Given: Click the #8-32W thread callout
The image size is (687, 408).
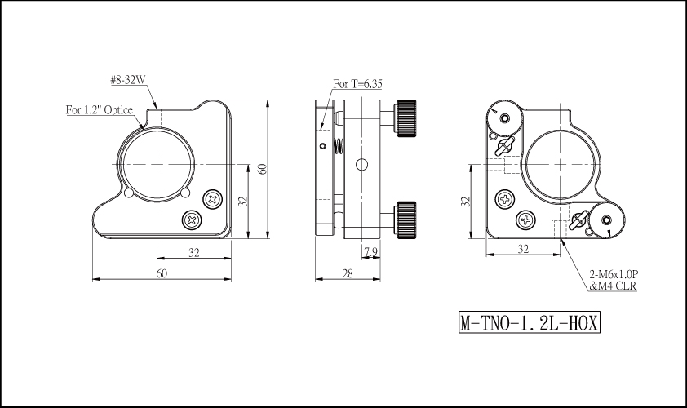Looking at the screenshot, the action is [x=127, y=80].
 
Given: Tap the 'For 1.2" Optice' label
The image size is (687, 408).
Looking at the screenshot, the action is [x=99, y=109].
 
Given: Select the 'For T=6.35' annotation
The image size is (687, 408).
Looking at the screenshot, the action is [x=357, y=84].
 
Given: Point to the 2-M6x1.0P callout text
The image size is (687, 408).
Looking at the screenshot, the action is [x=614, y=274].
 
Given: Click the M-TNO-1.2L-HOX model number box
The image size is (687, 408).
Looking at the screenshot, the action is [x=529, y=322].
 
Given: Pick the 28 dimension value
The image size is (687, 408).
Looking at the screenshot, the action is [x=348, y=273].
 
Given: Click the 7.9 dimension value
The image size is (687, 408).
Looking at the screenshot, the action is [x=370, y=251].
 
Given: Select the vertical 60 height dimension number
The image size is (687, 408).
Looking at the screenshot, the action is [x=262, y=169].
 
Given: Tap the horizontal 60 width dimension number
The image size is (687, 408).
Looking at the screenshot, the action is [x=162, y=273].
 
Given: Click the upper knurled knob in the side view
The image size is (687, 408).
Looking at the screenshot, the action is [x=406, y=118].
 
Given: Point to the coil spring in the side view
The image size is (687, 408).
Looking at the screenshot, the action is [x=339, y=147].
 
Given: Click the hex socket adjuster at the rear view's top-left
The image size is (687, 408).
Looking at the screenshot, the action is [x=504, y=118].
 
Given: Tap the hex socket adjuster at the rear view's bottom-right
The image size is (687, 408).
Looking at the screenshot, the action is [x=606, y=221].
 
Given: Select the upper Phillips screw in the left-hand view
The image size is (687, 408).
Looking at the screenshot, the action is [x=214, y=200].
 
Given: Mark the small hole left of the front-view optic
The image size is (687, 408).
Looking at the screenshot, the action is [x=129, y=193].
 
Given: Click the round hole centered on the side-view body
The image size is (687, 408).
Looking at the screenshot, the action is [x=361, y=165].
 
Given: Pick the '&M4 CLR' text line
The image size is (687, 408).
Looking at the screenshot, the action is [x=613, y=286].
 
